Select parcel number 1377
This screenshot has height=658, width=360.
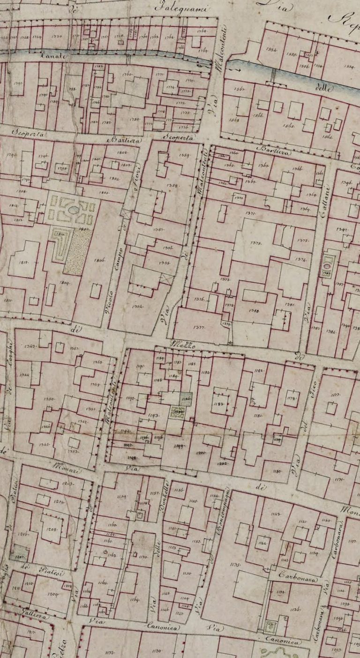click(199, 327)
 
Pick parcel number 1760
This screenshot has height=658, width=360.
click(127, 75)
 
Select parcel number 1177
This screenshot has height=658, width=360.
click(335, 395)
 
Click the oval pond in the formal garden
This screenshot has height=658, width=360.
click(74, 211)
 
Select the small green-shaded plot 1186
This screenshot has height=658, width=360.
click(186, 399)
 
